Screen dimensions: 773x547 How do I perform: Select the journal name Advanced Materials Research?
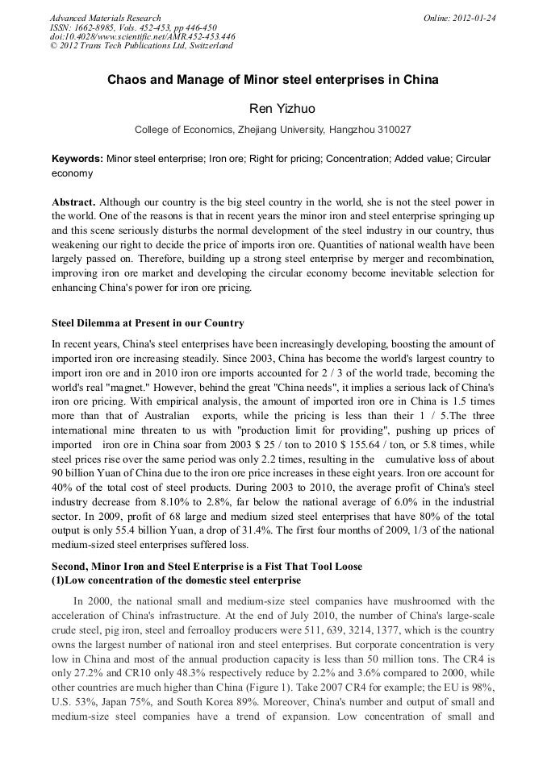click(105, 18)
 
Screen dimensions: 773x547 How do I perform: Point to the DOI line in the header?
click(143, 36)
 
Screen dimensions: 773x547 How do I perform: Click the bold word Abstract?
click(73, 201)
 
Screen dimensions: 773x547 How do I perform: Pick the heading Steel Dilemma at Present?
click(148, 323)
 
